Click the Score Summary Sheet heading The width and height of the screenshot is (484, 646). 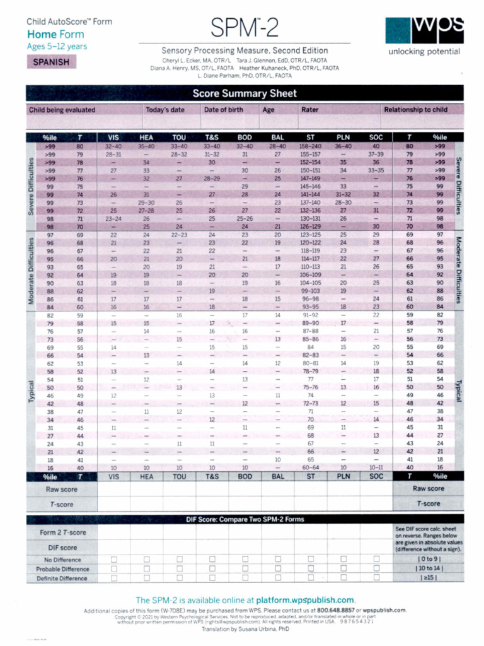click(x=245, y=94)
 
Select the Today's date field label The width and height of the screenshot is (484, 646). click(x=165, y=110)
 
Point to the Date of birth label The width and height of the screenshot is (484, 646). click(x=223, y=110)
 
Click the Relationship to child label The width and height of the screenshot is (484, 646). click(x=415, y=110)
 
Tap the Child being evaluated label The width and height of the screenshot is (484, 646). click(x=62, y=110)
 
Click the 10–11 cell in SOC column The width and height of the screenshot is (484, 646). click(x=376, y=467)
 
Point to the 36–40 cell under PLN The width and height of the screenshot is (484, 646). click(x=343, y=146)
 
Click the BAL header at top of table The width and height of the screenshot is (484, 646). click(x=277, y=137)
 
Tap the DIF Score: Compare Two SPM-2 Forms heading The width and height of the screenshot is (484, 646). click(x=245, y=519)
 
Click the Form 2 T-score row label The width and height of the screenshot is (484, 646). click(x=62, y=533)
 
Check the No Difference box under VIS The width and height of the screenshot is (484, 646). click(x=113, y=560)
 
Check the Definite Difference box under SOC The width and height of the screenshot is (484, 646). click(x=376, y=577)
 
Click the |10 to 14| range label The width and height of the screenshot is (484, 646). click(x=429, y=568)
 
